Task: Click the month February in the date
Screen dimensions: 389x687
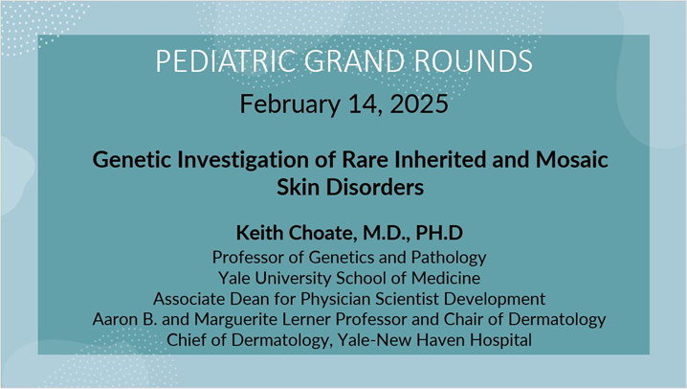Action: (286, 103)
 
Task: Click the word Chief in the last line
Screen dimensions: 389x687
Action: (188, 339)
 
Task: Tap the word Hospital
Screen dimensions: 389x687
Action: (499, 339)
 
